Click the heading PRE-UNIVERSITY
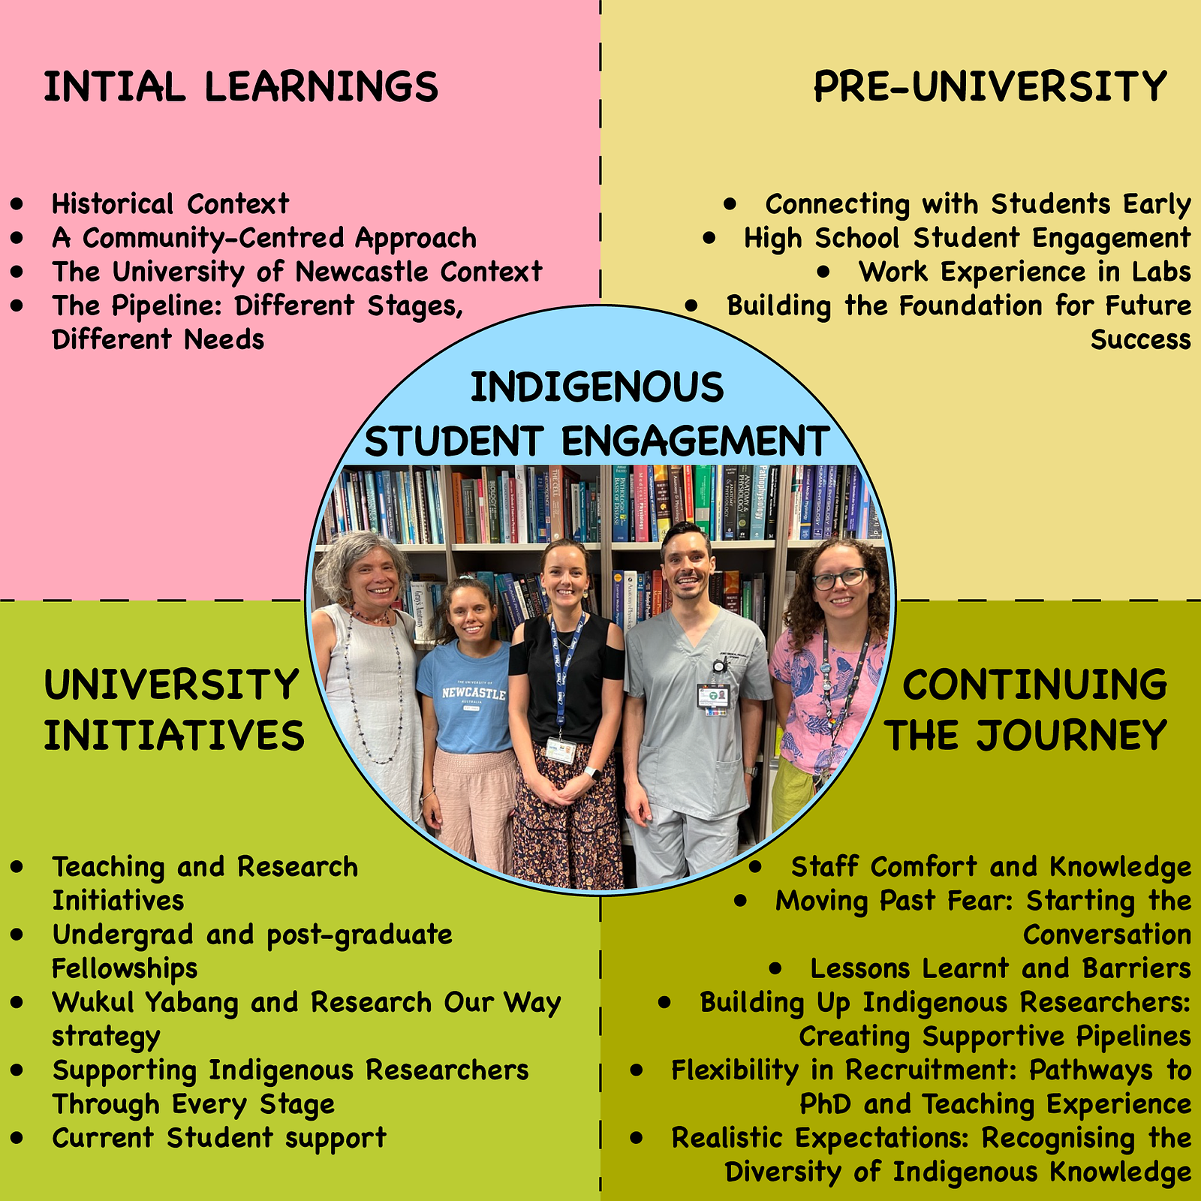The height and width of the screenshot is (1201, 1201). [x=990, y=86]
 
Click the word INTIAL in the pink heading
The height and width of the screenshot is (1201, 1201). [x=114, y=86]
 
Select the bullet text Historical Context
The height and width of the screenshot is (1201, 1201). [x=170, y=203]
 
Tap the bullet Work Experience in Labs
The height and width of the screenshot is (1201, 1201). [x=1025, y=272]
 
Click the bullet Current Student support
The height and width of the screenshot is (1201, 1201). [x=219, y=1138]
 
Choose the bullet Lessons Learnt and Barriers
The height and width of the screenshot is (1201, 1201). [x=1001, y=968]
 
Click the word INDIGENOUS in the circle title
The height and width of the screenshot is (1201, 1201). [x=597, y=387]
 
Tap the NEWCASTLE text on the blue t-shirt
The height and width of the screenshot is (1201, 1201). [x=474, y=693]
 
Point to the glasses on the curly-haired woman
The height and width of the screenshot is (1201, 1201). [x=840, y=579]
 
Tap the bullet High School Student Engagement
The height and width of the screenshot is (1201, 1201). [x=968, y=238]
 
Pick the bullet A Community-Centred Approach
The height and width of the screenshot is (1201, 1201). [x=264, y=238]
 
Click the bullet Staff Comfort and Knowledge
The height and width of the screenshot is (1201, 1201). [x=991, y=867]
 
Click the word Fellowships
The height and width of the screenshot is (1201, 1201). [x=125, y=968]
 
